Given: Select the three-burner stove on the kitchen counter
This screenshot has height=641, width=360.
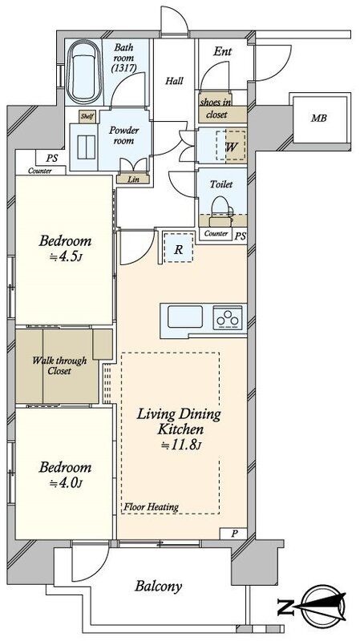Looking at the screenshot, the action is [x=228, y=317].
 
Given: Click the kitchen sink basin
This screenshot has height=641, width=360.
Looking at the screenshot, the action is [x=185, y=316].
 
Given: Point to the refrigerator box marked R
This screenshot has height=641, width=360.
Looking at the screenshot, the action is [x=178, y=248].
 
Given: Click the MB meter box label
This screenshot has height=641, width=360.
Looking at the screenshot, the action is [x=318, y=118].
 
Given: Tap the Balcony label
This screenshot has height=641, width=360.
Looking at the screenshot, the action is [x=158, y=587].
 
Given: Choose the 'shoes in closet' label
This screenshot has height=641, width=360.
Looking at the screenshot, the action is [x=216, y=108].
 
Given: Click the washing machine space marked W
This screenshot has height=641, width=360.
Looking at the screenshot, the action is [x=231, y=145].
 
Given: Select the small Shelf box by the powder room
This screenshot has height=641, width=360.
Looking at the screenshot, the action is [x=87, y=116].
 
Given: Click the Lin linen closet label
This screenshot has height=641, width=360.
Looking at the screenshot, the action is [x=132, y=179].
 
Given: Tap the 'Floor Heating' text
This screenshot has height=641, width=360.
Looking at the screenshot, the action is [x=152, y=507].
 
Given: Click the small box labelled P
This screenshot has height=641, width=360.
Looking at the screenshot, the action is [x=233, y=534].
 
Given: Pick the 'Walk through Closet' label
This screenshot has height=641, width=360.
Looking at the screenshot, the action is [x=59, y=366].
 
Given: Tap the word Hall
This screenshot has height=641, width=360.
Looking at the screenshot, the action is [x=174, y=81].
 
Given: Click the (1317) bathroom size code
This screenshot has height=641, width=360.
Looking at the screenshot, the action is [x=123, y=68].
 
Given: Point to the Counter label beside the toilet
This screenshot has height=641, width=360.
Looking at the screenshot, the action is [x=216, y=234].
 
